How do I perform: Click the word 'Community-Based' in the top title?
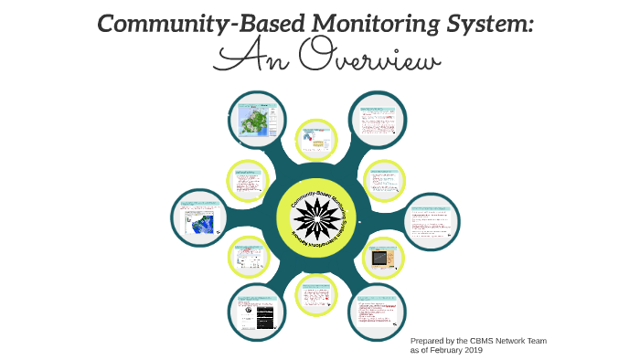[187, 24]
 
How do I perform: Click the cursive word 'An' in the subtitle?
[251, 60]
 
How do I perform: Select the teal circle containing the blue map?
[200, 220]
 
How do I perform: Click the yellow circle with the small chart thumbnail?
[319, 139]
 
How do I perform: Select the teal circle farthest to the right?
[432, 223]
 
